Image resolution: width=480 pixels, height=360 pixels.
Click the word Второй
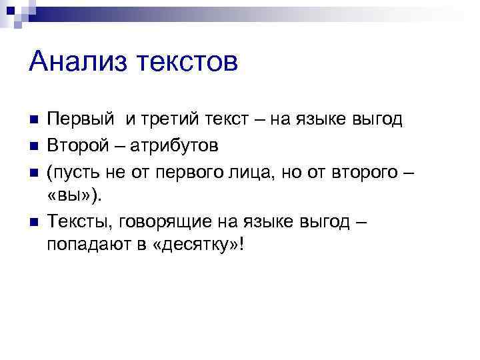coord(75,144)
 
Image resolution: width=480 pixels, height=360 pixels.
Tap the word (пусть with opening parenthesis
coord(71,169)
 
